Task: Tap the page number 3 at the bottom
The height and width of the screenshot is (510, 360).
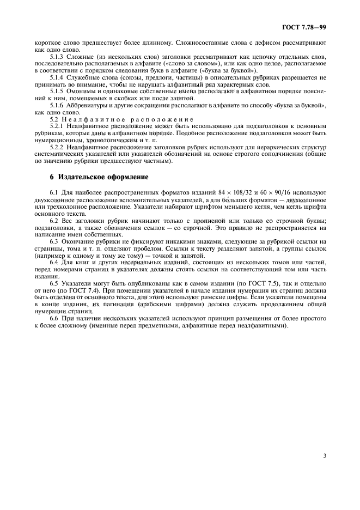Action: pos(324,456)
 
